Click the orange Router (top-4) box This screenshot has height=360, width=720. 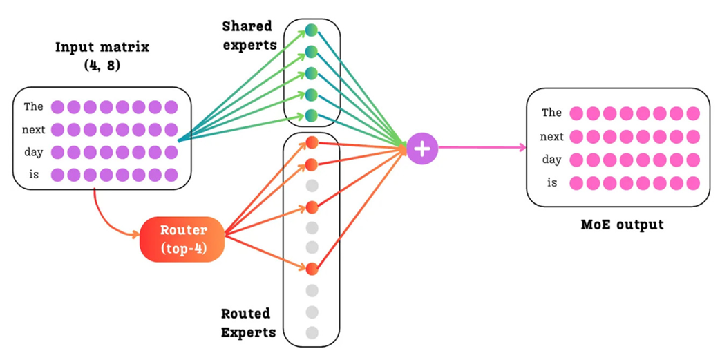coord(182,239)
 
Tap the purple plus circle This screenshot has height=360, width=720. coord(422,149)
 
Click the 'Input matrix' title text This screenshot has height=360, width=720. coord(103,48)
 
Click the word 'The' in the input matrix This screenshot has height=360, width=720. coord(33,106)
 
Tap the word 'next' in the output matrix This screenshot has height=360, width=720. coord(551,137)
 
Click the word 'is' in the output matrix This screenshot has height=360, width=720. coord(551,183)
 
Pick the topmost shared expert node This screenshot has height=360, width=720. coord(311,30)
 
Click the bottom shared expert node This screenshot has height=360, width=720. coord(311,115)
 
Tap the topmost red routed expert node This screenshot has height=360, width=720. coord(311,142)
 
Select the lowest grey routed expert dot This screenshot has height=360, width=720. coord(312,332)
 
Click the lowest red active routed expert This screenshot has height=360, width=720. coord(311,268)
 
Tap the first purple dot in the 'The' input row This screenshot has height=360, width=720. coord(57,106)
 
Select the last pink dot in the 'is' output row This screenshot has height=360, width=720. coord(692,183)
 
